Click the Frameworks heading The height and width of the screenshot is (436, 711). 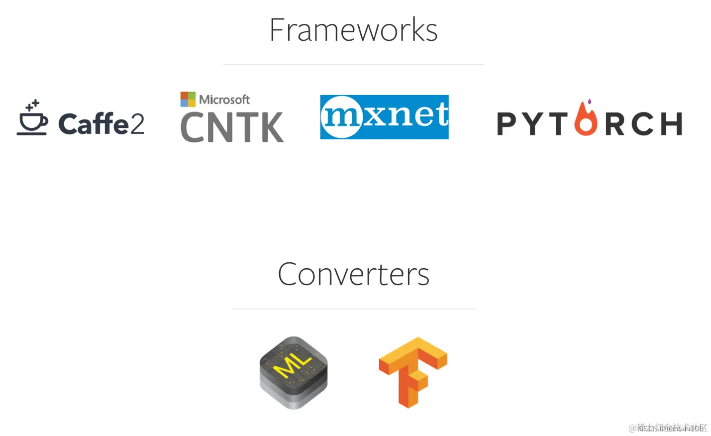[353, 30]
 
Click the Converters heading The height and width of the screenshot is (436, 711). [353, 274]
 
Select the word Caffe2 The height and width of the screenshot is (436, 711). [101, 124]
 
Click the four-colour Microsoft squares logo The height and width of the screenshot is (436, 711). [188, 99]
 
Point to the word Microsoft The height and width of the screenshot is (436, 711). [224, 100]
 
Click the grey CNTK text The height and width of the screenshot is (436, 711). [231, 127]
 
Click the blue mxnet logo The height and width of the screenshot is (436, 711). [384, 117]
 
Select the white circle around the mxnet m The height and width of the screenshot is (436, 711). [341, 117]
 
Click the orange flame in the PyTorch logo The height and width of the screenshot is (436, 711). [586, 119]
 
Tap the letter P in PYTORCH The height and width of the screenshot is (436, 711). [507, 124]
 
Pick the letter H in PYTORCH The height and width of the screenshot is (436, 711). [672, 124]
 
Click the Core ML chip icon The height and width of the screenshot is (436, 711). [294, 372]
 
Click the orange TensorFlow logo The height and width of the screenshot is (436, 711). [412, 371]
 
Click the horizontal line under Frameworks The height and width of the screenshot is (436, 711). [353, 65]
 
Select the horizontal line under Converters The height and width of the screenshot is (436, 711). [353, 309]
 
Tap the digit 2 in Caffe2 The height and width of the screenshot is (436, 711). [136, 124]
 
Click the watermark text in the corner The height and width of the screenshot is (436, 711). [668, 428]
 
